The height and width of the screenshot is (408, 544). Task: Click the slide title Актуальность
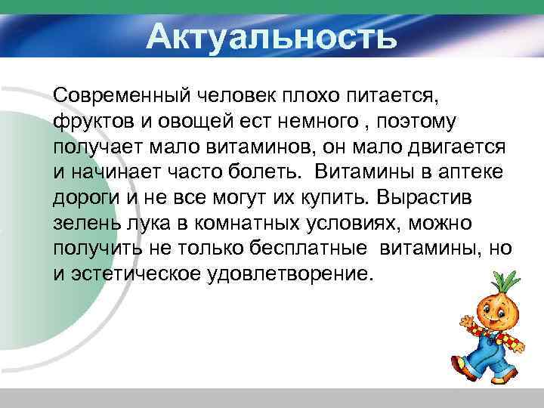click(x=271, y=36)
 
